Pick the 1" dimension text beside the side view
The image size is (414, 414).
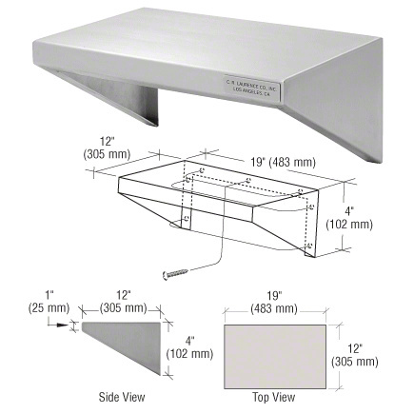[x=36, y=295]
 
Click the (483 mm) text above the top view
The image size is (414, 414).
[x=272, y=308]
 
